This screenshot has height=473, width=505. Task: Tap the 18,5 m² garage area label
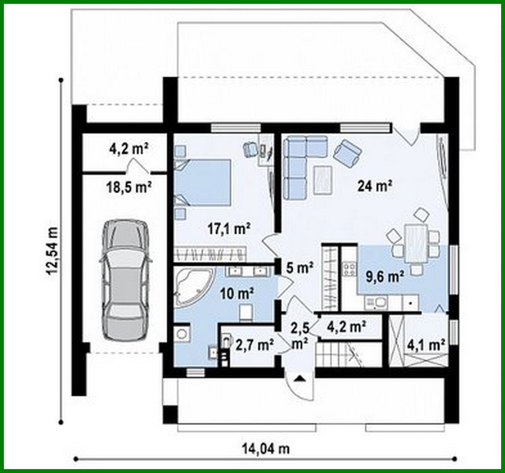tap(128, 187)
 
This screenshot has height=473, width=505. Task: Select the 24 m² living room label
tap(374, 186)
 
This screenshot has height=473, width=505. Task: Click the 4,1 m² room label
tap(425, 344)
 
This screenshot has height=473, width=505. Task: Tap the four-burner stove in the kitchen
tap(349, 270)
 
